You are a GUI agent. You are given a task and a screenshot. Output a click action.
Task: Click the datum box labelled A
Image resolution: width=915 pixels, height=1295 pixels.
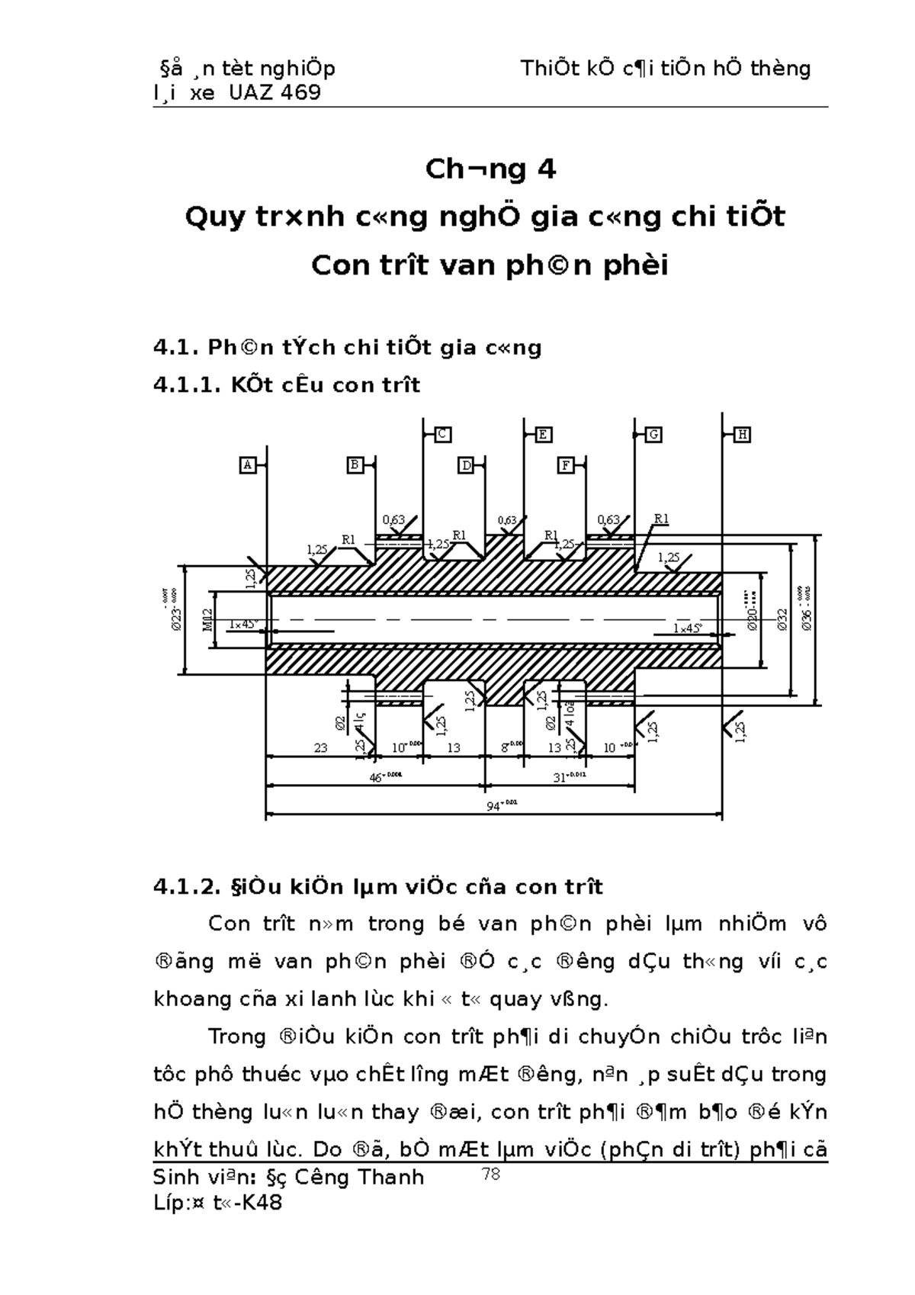tap(247, 464)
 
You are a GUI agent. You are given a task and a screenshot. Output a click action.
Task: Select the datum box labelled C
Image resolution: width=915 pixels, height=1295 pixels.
tap(442, 434)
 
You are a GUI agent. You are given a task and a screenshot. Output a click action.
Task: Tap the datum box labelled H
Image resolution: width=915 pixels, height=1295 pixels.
tap(742, 435)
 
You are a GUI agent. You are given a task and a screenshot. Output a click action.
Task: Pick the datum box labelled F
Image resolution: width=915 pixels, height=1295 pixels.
tap(566, 464)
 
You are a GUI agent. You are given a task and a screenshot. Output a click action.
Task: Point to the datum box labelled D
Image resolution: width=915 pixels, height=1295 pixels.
tap(467, 464)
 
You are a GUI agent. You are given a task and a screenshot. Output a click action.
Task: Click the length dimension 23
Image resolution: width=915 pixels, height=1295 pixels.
tap(320, 748)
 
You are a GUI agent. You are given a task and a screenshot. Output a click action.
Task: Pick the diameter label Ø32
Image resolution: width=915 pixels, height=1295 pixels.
tap(782, 619)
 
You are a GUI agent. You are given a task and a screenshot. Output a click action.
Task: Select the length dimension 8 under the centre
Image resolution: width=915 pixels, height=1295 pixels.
tap(506, 748)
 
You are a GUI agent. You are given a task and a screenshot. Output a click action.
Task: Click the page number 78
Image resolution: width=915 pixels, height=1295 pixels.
tap(491, 1174)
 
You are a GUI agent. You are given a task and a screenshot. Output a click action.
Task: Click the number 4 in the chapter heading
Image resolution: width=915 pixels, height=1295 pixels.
tap(546, 169)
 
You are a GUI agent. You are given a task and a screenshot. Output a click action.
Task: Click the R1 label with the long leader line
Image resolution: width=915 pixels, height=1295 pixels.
tap(660, 519)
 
